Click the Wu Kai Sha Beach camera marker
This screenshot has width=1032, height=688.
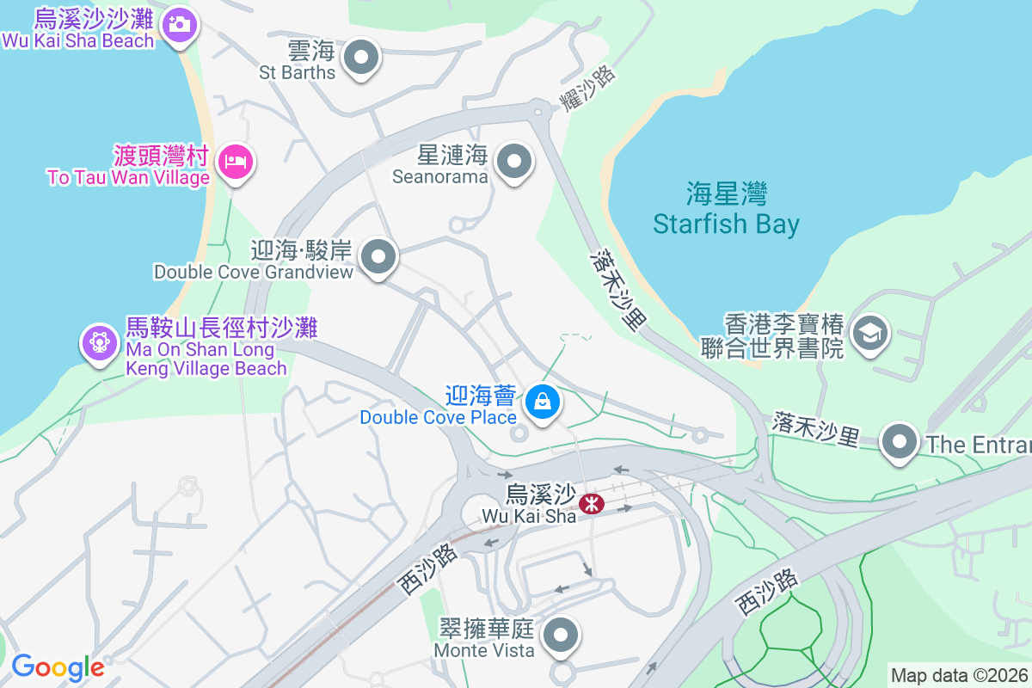click(179, 23)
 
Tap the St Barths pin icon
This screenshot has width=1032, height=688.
click(361, 58)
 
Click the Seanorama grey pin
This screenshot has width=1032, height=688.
click(515, 161)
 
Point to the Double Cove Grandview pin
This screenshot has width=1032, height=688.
click(378, 256)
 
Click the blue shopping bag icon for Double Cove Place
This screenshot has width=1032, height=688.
click(543, 401)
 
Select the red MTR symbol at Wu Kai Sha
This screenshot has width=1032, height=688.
click(591, 503)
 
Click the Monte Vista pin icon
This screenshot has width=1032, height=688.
click(562, 636)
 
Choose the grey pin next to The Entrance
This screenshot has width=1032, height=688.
click(900, 443)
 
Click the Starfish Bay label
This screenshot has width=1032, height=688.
click(726, 224)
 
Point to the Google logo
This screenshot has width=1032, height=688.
click(58, 667)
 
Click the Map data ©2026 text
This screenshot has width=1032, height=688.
click(958, 675)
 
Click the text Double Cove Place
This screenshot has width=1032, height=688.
click(438, 417)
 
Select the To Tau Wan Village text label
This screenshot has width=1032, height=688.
click(128, 178)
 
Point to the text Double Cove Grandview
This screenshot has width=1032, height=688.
click(254, 272)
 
